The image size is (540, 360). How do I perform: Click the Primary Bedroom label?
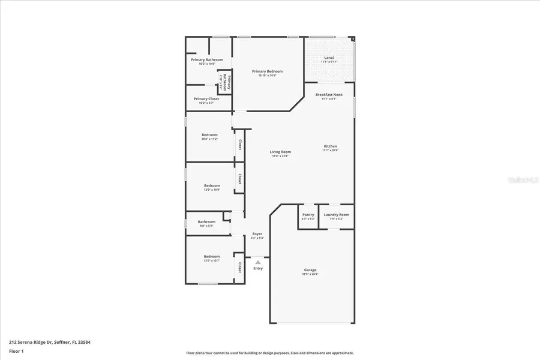(x=267, y=71)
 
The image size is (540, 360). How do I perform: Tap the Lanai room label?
(x=329, y=58)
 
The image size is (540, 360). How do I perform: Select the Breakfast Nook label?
(x=329, y=95)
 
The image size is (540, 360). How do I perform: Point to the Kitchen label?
(x=330, y=146)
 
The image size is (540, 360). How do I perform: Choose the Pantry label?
(x=308, y=215)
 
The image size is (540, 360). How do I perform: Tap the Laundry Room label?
(x=336, y=215)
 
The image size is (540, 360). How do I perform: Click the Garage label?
(x=310, y=270)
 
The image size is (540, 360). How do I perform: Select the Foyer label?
(x=257, y=234)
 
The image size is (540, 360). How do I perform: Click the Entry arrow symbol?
(x=257, y=262)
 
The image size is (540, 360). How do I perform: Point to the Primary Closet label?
(x=206, y=99)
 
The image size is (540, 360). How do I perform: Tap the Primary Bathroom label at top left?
(x=207, y=59)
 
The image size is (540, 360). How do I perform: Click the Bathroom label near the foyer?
(x=206, y=222)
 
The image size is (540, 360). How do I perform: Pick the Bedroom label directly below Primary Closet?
(x=209, y=134)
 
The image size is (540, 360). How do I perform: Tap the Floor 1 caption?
(x=16, y=350)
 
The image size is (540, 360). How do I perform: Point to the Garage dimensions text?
(x=310, y=274)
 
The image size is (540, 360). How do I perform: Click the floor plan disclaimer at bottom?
(x=269, y=353)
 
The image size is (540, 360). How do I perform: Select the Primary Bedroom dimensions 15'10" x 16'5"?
(x=267, y=76)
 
